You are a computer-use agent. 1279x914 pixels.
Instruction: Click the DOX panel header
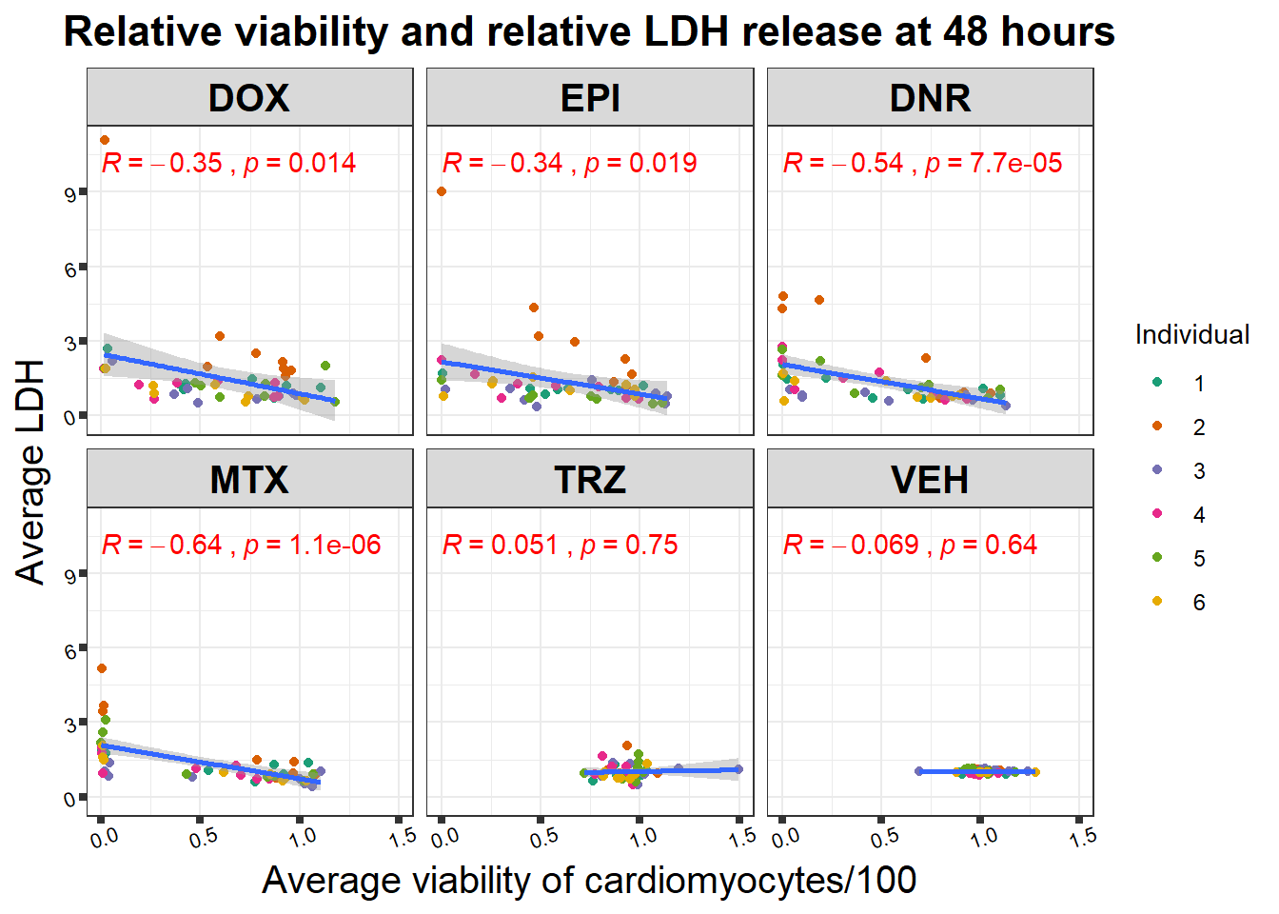[249, 98]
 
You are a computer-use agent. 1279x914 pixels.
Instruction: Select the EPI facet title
[590, 98]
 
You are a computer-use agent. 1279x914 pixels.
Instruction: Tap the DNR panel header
[930, 98]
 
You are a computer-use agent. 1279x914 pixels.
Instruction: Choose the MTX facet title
[249, 480]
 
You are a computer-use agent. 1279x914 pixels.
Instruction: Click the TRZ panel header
[590, 480]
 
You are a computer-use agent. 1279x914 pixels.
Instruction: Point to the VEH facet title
[930, 480]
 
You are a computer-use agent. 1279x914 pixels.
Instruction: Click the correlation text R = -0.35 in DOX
[162, 164]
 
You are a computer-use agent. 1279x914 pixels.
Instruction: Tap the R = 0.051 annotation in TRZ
[501, 546]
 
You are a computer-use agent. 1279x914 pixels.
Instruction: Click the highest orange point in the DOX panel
[105, 140]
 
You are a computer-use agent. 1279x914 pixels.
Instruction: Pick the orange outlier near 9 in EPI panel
[442, 191]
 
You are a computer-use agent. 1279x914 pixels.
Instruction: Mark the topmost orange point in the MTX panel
[102, 668]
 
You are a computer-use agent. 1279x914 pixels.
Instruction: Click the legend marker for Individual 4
[1157, 514]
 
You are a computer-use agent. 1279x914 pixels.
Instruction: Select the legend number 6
[1199, 603]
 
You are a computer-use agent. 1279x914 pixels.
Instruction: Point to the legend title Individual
[1191, 335]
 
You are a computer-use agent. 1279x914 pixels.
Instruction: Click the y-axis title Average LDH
[30, 471]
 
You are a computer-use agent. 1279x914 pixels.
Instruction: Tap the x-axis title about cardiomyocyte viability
[589, 881]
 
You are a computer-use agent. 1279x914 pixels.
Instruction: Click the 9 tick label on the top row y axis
[70, 194]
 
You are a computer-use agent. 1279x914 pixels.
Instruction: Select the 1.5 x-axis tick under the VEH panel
[1083, 838]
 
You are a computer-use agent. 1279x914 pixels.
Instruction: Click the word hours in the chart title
[1056, 31]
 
